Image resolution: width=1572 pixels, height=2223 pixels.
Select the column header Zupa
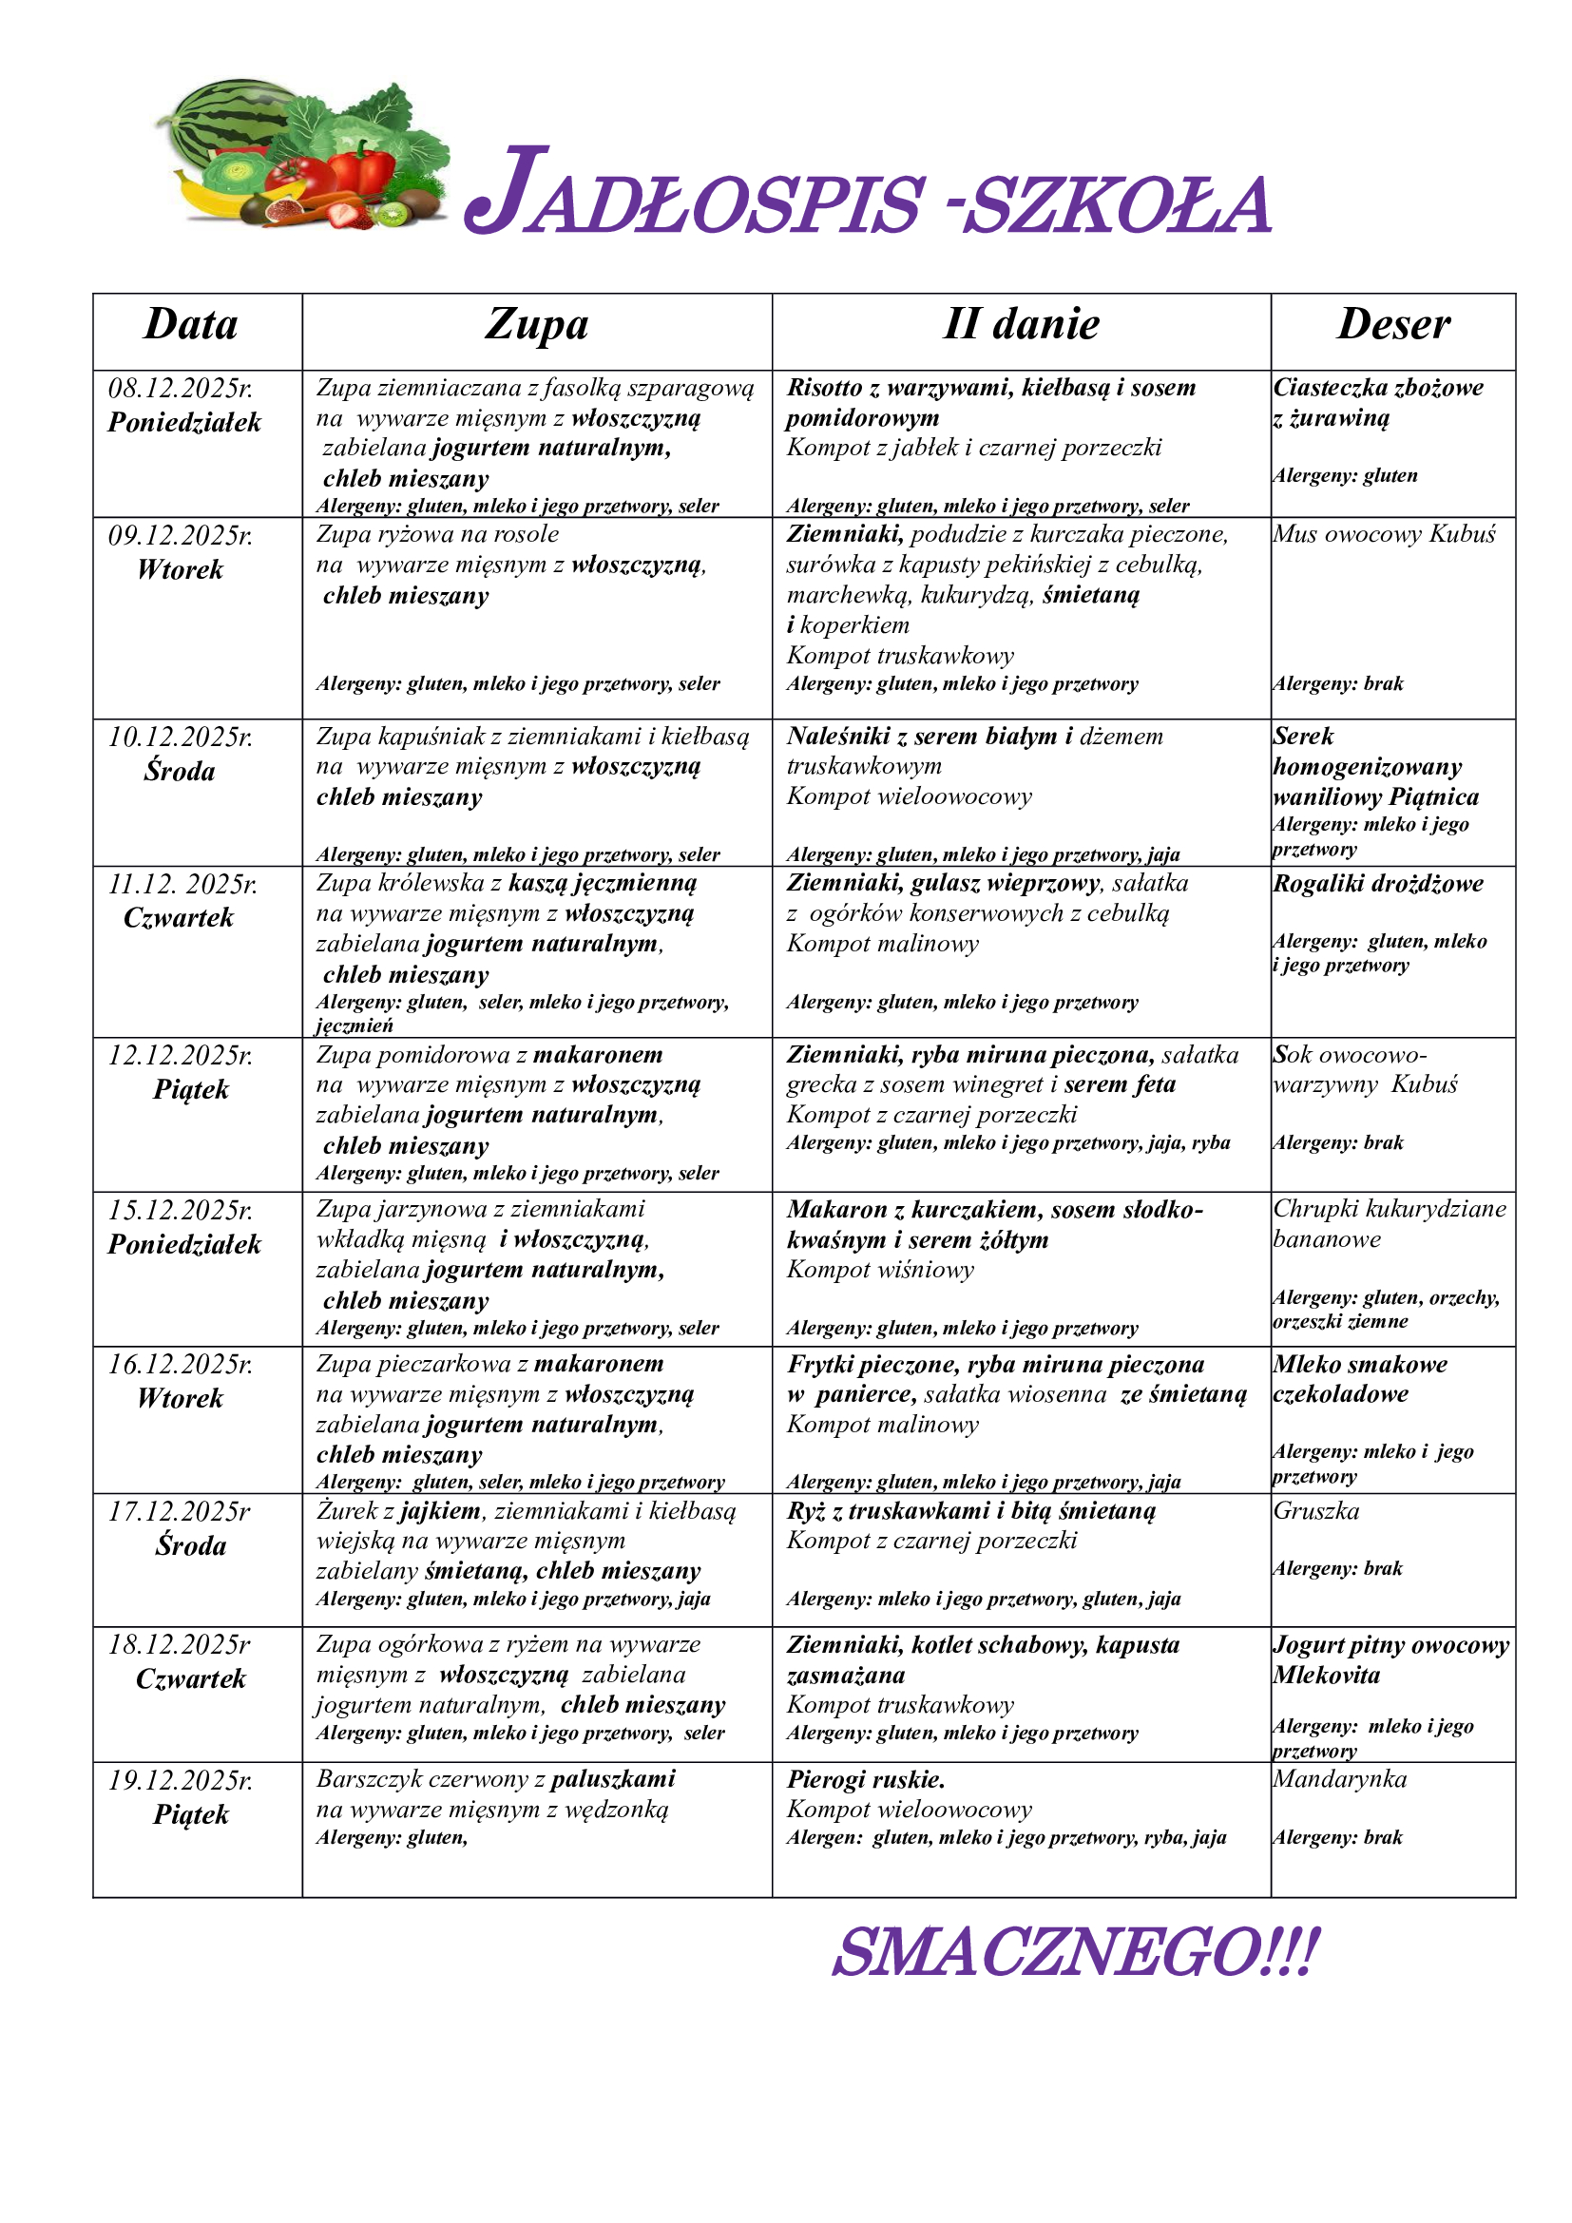coord(536,325)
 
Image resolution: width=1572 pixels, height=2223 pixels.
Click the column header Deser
coord(1393,325)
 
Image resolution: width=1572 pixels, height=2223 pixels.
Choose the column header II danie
coord(1021,325)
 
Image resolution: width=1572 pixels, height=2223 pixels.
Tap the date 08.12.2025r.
coord(181,389)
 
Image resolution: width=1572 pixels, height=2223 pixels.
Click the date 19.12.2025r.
coord(181,1779)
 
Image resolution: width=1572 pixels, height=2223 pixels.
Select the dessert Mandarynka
coord(1340,1778)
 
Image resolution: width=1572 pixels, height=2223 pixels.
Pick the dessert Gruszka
coord(1316,1510)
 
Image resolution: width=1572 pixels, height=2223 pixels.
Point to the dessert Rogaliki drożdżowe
coord(1378,883)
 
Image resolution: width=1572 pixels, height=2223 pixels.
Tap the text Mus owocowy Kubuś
coord(1384,534)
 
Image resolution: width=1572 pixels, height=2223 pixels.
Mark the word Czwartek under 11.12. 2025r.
coord(179,918)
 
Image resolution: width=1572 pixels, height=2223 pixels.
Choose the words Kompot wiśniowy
coord(880,1270)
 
